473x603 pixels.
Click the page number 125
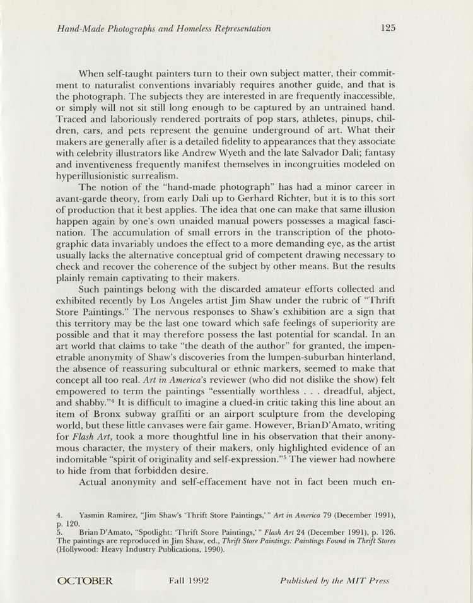tap(388, 28)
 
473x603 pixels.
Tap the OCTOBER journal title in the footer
tap(85, 580)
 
